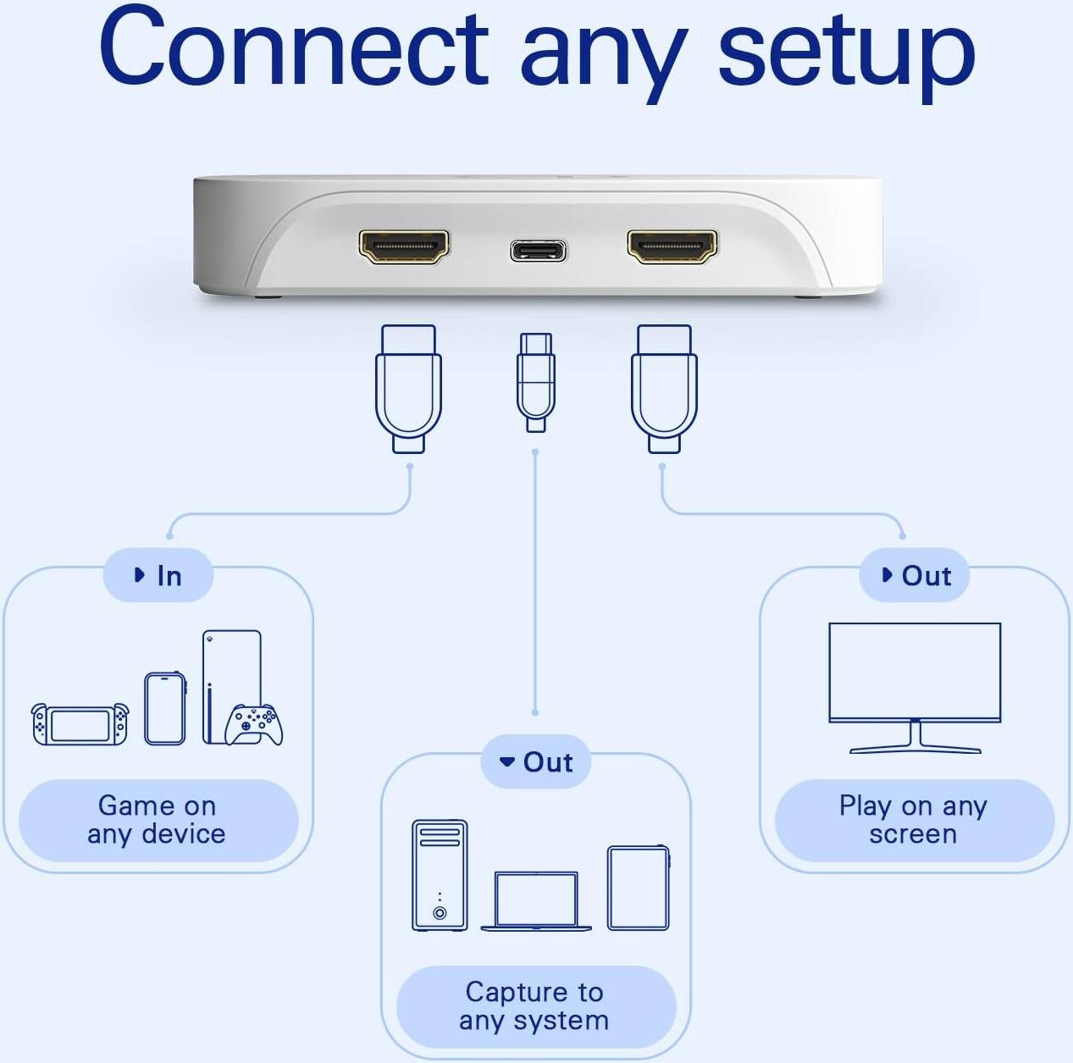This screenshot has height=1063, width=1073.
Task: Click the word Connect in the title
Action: tap(293, 48)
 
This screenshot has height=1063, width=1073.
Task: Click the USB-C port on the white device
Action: tap(538, 251)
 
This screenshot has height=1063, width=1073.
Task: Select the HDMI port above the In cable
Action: tap(404, 246)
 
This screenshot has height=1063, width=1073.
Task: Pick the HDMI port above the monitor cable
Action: tap(672, 246)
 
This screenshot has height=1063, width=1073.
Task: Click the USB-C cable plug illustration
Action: tap(536, 381)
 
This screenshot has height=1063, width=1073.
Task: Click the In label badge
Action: tap(158, 576)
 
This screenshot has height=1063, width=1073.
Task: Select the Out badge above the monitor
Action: tap(915, 576)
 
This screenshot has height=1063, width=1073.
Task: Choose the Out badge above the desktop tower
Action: tap(536, 762)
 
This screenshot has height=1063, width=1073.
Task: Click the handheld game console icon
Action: tap(80, 724)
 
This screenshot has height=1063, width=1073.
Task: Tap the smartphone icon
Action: tap(165, 708)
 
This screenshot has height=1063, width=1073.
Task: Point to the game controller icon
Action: tap(254, 725)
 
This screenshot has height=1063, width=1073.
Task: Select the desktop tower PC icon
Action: tap(440, 875)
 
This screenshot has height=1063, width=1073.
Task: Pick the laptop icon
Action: tap(536, 901)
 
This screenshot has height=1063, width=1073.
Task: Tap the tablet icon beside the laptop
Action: tap(639, 887)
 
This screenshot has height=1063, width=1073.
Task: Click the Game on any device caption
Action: tap(158, 820)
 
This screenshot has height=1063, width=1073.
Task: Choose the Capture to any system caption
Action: tap(535, 1006)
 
